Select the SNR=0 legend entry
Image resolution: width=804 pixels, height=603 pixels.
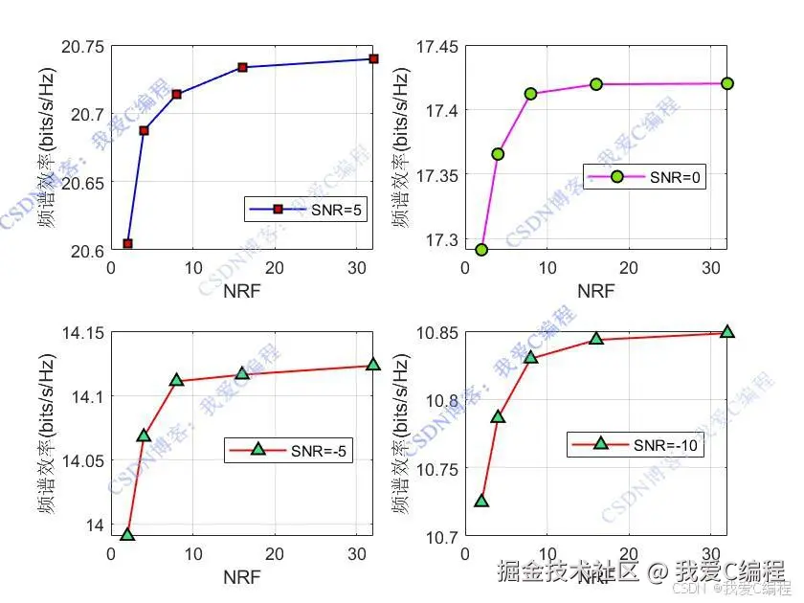pyautogui.click(x=646, y=177)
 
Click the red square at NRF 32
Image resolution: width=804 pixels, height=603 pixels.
pyautogui.click(x=373, y=59)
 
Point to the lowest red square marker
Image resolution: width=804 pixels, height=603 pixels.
pyautogui.click(x=127, y=244)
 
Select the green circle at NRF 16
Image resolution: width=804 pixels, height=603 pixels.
pyautogui.click(x=596, y=84)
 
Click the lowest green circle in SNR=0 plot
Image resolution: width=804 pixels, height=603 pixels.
pyautogui.click(x=481, y=250)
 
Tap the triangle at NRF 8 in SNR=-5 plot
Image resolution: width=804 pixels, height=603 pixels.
pyautogui.click(x=176, y=380)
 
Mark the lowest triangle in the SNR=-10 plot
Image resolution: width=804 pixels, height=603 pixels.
pyautogui.click(x=481, y=501)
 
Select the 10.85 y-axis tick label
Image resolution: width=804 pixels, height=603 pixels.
pyautogui.click(x=435, y=333)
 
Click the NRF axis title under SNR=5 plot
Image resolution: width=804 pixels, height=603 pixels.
pyautogui.click(x=242, y=291)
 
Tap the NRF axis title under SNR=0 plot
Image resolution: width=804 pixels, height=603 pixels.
pyautogui.click(x=595, y=291)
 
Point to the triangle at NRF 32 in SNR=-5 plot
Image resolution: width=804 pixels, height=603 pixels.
pyautogui.click(x=373, y=365)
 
